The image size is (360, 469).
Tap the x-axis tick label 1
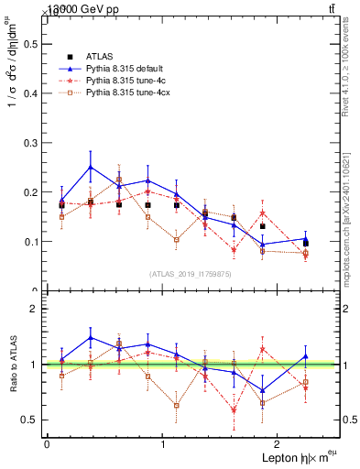pos(163,444)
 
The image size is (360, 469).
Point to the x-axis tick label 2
pos(279,444)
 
